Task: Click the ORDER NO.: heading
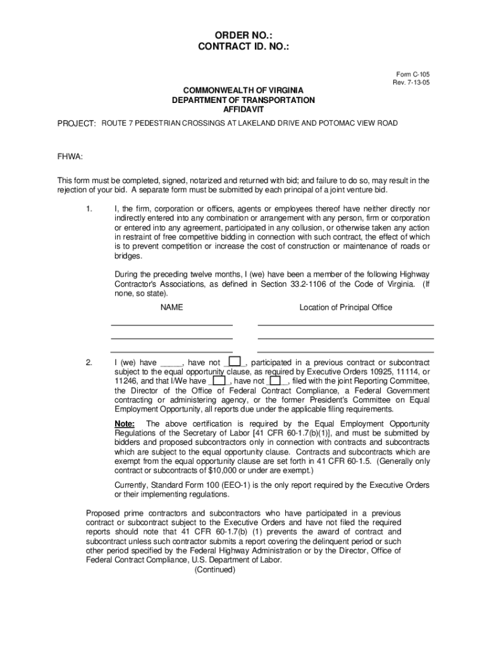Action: [244, 35]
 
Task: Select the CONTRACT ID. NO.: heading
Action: [244, 47]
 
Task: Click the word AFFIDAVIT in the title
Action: [244, 109]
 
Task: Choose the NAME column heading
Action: [171, 308]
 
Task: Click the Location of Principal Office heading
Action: [345, 308]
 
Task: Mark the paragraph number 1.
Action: [89, 209]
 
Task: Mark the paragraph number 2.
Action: [89, 363]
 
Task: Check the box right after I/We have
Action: [219, 381]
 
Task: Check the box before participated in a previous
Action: [235, 362]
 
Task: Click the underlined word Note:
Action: [124, 423]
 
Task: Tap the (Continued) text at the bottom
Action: [215, 569]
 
